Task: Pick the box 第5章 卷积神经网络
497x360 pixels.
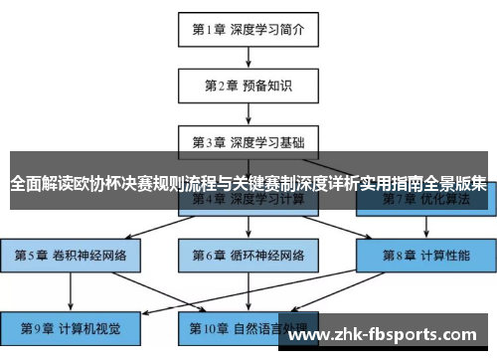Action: pos(72,255)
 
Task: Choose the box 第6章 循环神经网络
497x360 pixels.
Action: pos(248,255)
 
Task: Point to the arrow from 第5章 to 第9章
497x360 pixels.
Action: pos(72,289)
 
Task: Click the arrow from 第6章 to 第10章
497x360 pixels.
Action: pos(248,289)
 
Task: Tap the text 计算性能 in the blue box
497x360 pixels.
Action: pos(442,255)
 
